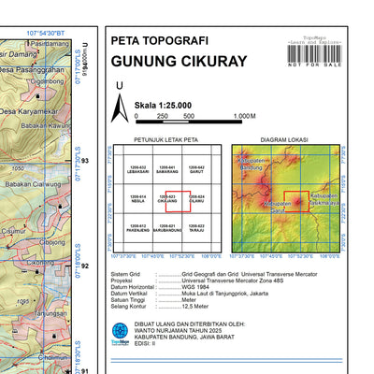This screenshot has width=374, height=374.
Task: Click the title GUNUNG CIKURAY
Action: (x=179, y=62)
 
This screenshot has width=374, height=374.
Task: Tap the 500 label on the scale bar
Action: (x=189, y=116)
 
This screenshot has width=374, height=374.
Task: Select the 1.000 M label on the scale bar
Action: (x=244, y=116)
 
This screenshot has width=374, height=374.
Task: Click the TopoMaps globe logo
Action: (x=120, y=331)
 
